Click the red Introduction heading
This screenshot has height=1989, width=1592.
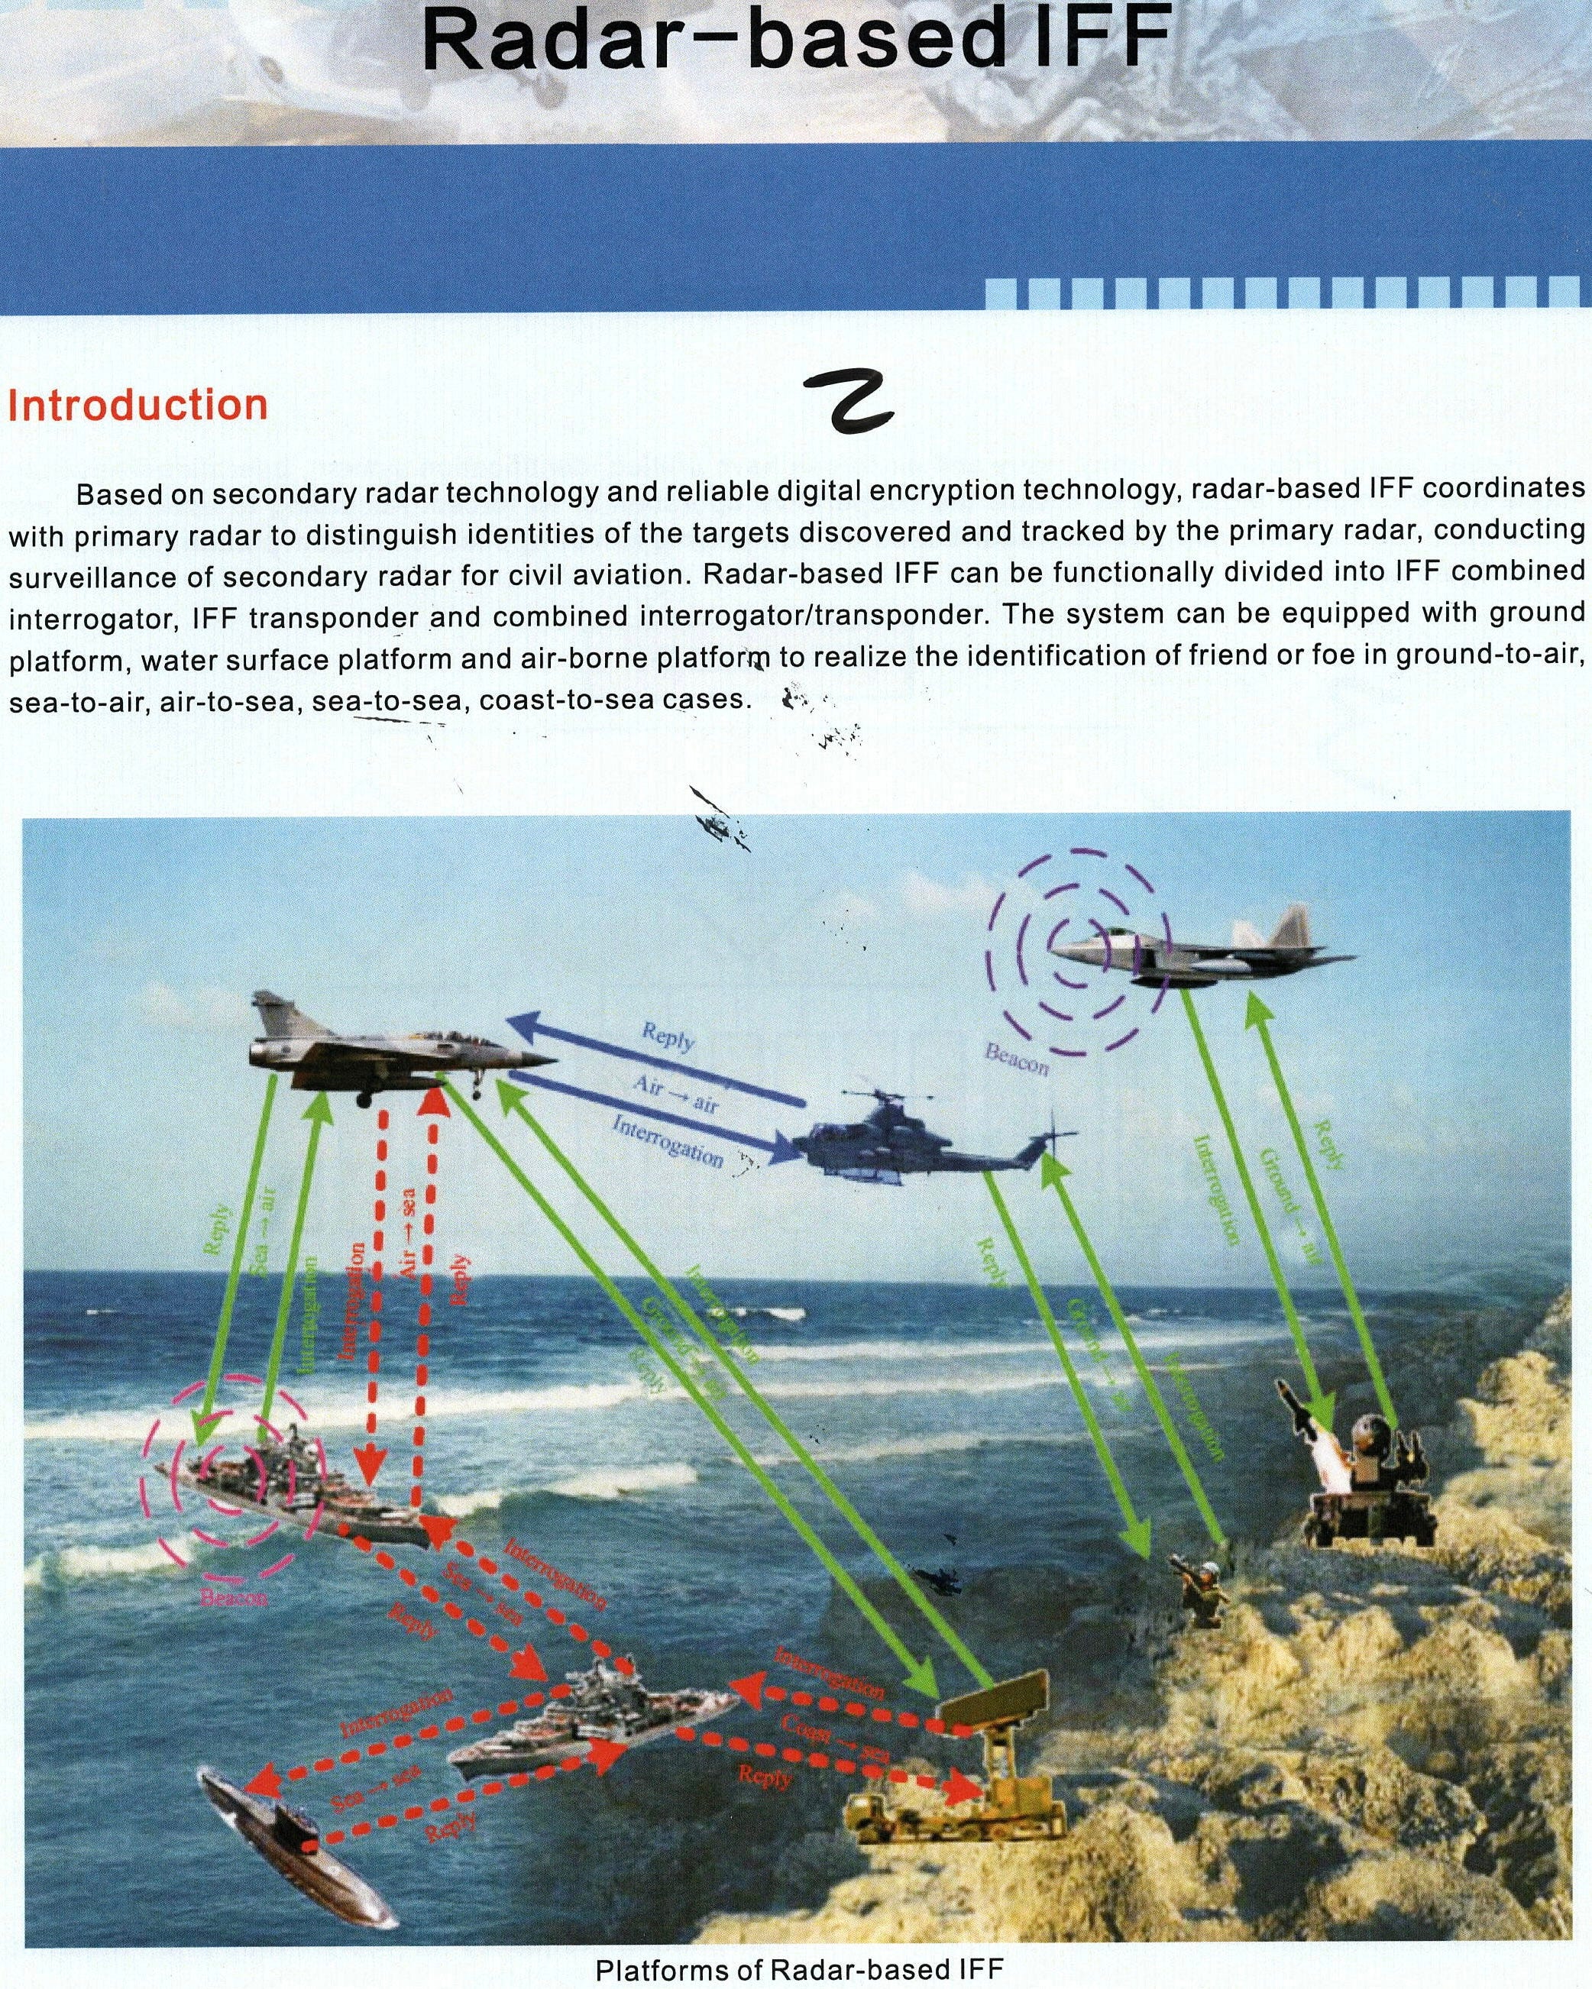[x=138, y=406]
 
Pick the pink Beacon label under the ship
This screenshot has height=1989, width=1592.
[x=235, y=1596]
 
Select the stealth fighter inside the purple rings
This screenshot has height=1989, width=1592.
[x=1200, y=955]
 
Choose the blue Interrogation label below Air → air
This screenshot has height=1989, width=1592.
[x=666, y=1140]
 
